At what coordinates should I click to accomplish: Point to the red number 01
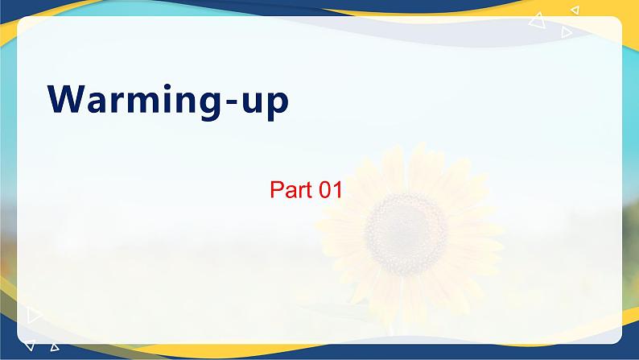(x=332, y=191)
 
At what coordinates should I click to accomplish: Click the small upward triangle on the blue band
(x=55, y=348)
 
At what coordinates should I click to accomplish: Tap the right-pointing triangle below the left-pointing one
(x=567, y=32)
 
